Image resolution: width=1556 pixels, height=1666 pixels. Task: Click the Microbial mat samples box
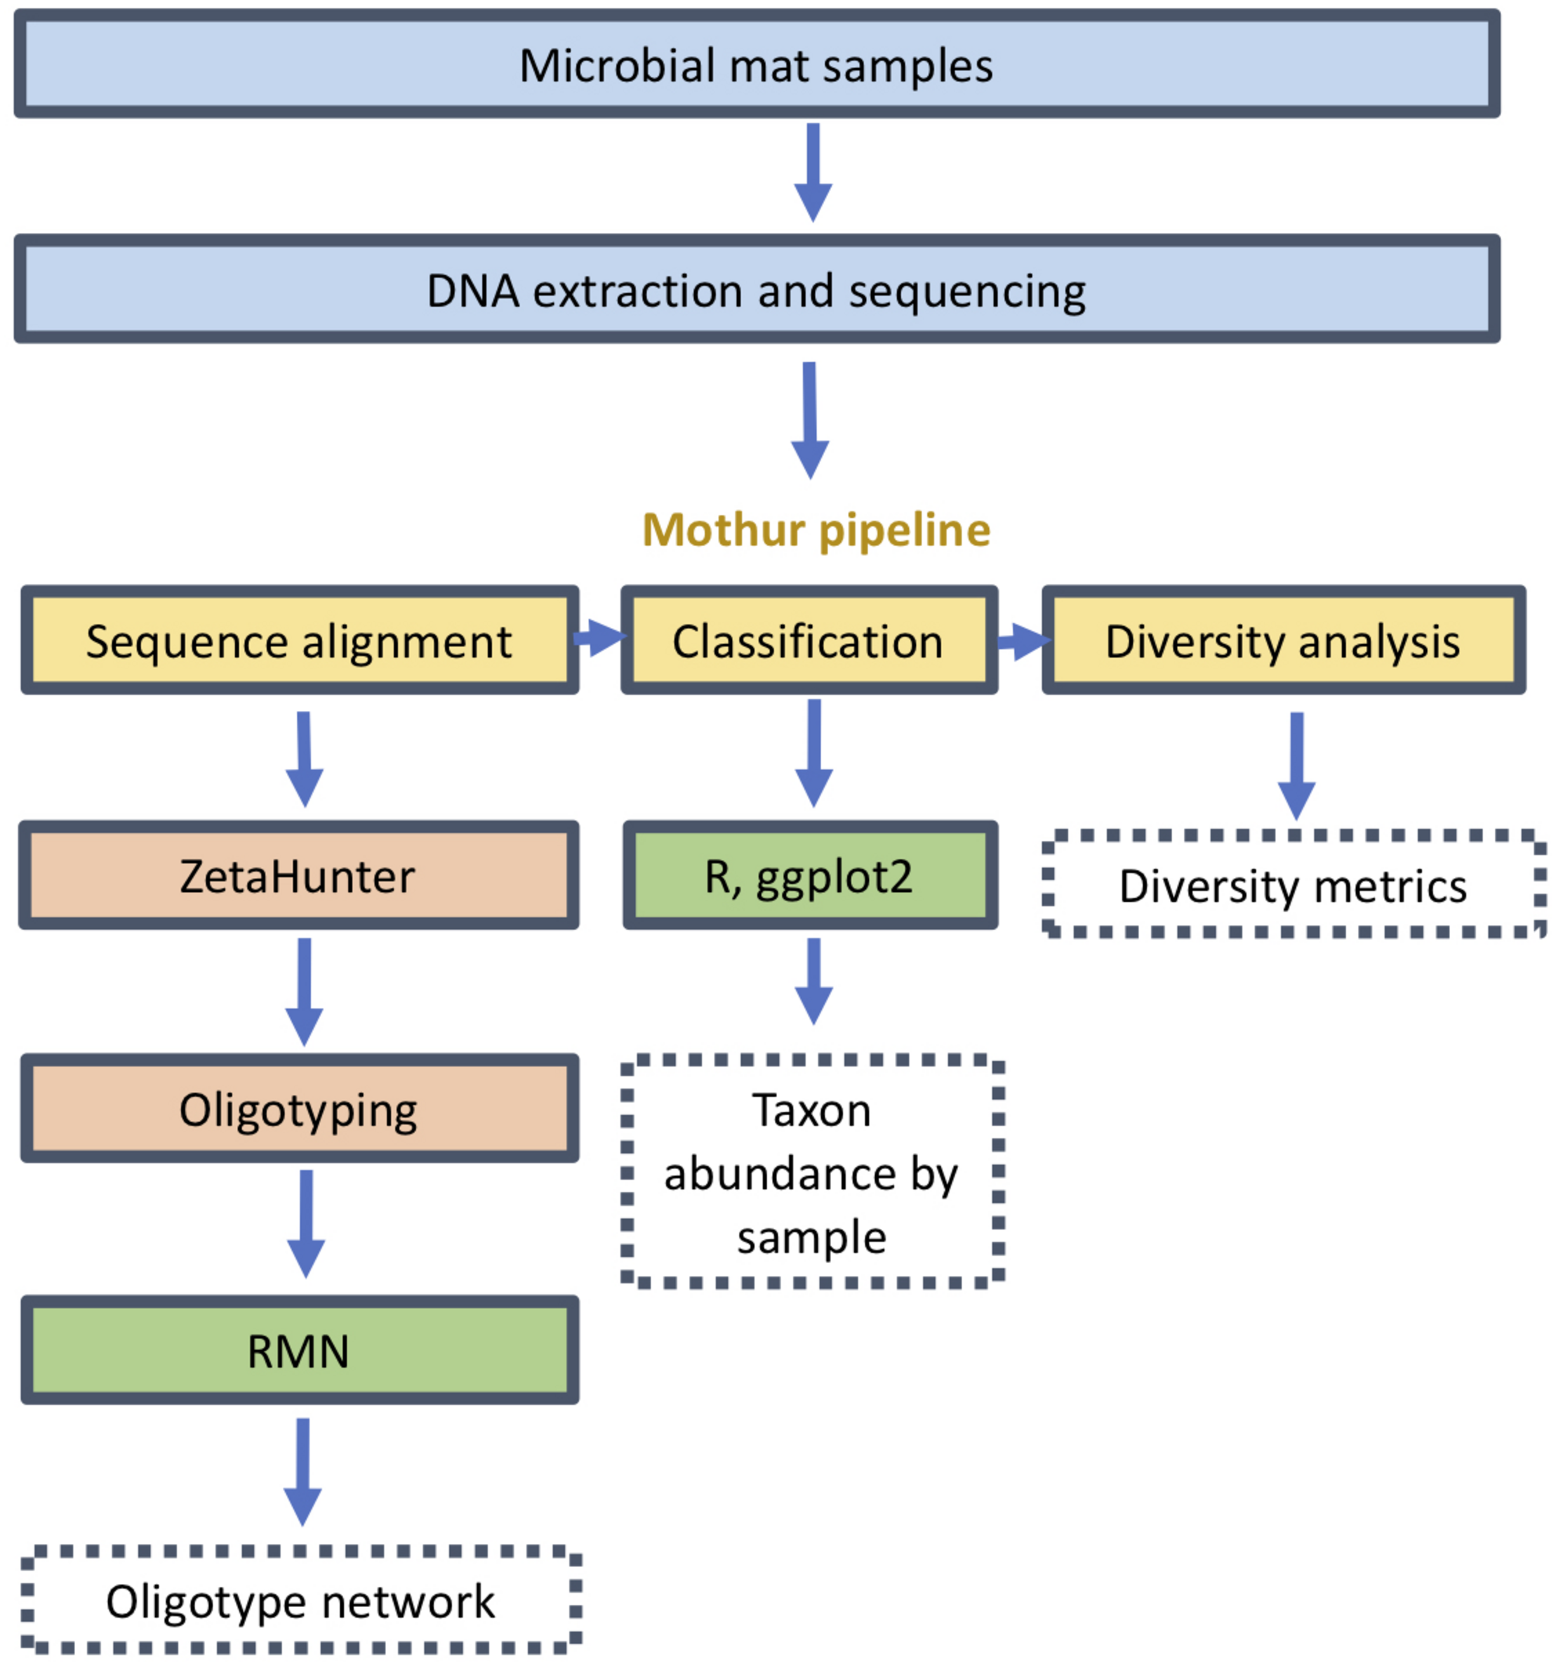(757, 65)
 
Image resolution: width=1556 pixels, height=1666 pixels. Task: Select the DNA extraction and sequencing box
(757, 289)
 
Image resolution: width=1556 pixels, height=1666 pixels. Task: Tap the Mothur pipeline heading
(816, 530)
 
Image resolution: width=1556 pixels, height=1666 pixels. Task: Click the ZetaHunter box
(298, 875)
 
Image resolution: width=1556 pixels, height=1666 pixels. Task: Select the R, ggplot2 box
(809, 875)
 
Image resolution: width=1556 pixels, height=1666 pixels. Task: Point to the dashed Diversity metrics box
(1293, 885)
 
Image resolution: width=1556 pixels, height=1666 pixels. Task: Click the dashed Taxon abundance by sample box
(812, 1173)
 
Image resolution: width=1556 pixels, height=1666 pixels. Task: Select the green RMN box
(299, 1350)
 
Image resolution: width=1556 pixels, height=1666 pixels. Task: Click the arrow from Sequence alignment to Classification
(601, 639)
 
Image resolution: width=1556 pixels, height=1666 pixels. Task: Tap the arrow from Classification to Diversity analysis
(1023, 642)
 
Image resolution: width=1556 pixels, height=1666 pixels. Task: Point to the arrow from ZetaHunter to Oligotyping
(304, 992)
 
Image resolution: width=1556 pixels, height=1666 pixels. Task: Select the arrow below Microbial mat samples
(813, 173)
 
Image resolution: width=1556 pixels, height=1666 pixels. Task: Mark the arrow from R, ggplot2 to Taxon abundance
(813, 981)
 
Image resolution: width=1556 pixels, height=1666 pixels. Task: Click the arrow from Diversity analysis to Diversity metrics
(1296, 765)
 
